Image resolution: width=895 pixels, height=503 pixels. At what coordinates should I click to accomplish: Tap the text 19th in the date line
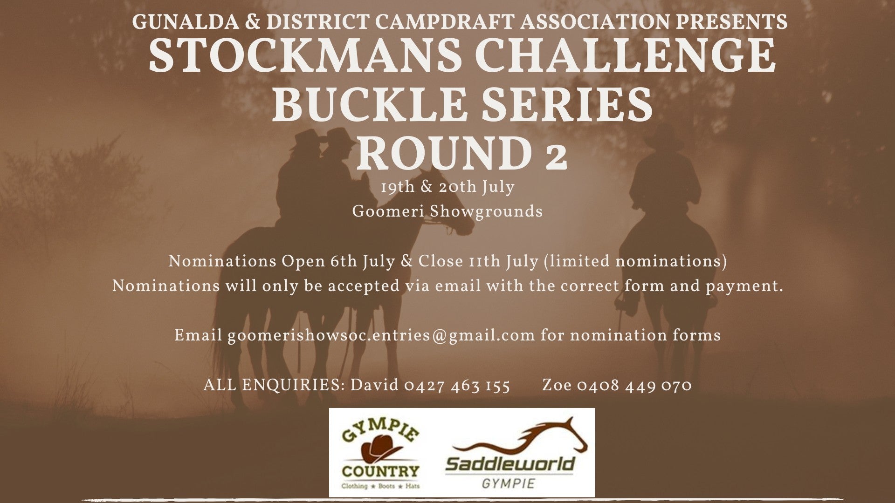click(398, 187)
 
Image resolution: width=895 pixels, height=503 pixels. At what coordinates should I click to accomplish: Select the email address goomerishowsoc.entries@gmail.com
click(381, 336)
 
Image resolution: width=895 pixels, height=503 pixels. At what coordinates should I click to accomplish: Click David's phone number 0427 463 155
click(457, 386)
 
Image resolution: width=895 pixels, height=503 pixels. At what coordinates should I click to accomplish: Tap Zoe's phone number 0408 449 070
click(634, 386)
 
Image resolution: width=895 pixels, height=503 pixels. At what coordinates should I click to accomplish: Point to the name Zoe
click(557, 386)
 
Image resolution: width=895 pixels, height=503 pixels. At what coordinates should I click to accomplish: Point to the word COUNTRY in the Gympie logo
click(380, 471)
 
